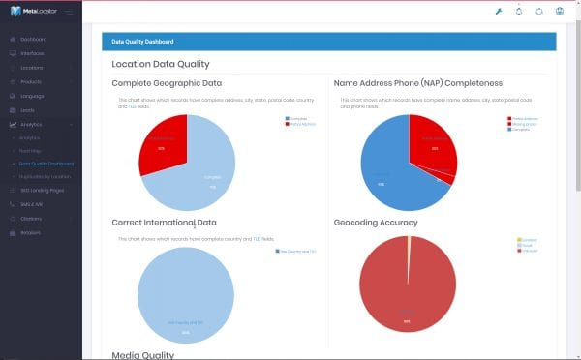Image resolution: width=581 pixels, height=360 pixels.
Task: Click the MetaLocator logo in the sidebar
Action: [33, 12]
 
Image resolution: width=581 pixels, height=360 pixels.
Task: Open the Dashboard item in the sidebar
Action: [34, 39]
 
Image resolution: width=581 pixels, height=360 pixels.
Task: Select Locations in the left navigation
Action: [32, 68]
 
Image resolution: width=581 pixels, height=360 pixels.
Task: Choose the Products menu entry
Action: [31, 82]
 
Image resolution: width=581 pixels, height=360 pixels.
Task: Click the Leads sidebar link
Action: [28, 110]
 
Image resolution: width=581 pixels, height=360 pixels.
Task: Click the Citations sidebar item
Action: [31, 219]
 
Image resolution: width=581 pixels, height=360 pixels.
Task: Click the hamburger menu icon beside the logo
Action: [69, 12]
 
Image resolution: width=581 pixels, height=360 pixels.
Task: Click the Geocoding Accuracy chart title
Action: [376, 223]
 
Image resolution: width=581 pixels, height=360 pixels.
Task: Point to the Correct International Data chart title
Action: [164, 223]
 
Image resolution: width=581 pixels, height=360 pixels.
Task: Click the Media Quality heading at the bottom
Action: [143, 354]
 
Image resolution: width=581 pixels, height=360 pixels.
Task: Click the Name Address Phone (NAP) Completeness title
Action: [417, 83]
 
